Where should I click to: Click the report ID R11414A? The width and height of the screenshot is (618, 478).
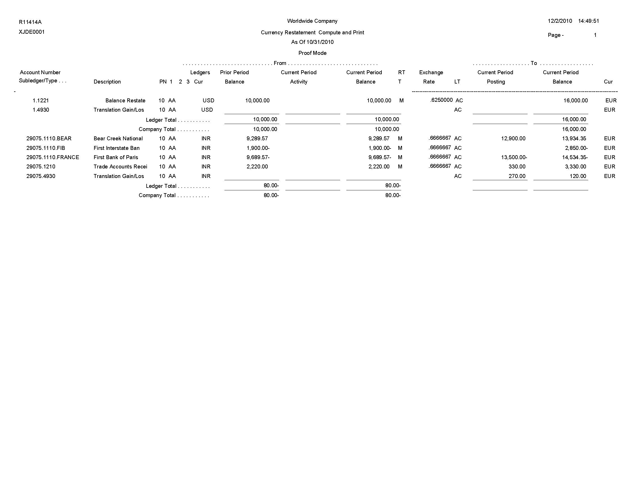[30, 22]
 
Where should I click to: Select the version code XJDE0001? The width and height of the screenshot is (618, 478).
[32, 32]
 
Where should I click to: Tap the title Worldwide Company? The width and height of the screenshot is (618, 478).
[312, 21]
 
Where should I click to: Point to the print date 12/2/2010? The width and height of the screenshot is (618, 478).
[560, 21]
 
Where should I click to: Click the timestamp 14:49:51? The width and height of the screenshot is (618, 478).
[589, 21]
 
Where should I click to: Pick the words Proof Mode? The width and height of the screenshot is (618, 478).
[312, 53]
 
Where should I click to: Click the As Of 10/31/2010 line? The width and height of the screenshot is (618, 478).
[312, 42]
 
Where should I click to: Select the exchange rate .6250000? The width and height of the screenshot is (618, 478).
[441, 100]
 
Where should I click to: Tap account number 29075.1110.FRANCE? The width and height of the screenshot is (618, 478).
[53, 157]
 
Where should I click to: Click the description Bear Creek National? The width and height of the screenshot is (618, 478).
[118, 138]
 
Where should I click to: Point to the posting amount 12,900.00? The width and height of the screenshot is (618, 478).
[513, 138]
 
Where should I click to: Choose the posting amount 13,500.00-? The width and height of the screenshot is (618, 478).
[514, 157]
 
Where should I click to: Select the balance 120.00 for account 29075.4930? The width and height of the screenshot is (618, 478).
[578, 176]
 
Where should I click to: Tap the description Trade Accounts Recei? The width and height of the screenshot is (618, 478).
[120, 166]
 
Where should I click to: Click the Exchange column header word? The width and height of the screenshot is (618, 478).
[431, 73]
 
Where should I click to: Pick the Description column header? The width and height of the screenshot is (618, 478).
[107, 82]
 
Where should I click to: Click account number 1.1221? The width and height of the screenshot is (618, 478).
[41, 101]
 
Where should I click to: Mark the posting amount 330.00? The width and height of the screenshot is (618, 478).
[517, 166]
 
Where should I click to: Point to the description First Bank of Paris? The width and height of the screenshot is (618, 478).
[116, 157]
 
